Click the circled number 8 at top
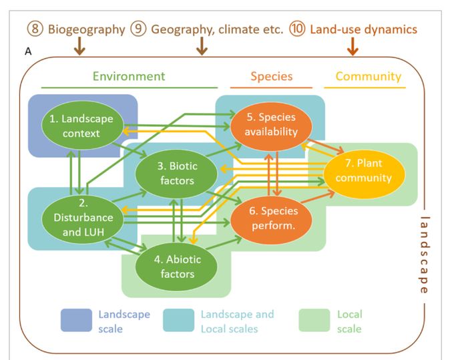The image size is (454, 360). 35,29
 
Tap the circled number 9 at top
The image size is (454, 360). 139,29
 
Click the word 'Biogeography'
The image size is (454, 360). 86,29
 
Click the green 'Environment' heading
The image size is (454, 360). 129,75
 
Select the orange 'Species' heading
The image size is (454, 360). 271,75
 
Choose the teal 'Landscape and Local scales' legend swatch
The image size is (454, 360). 182,321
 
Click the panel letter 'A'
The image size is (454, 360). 27,52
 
